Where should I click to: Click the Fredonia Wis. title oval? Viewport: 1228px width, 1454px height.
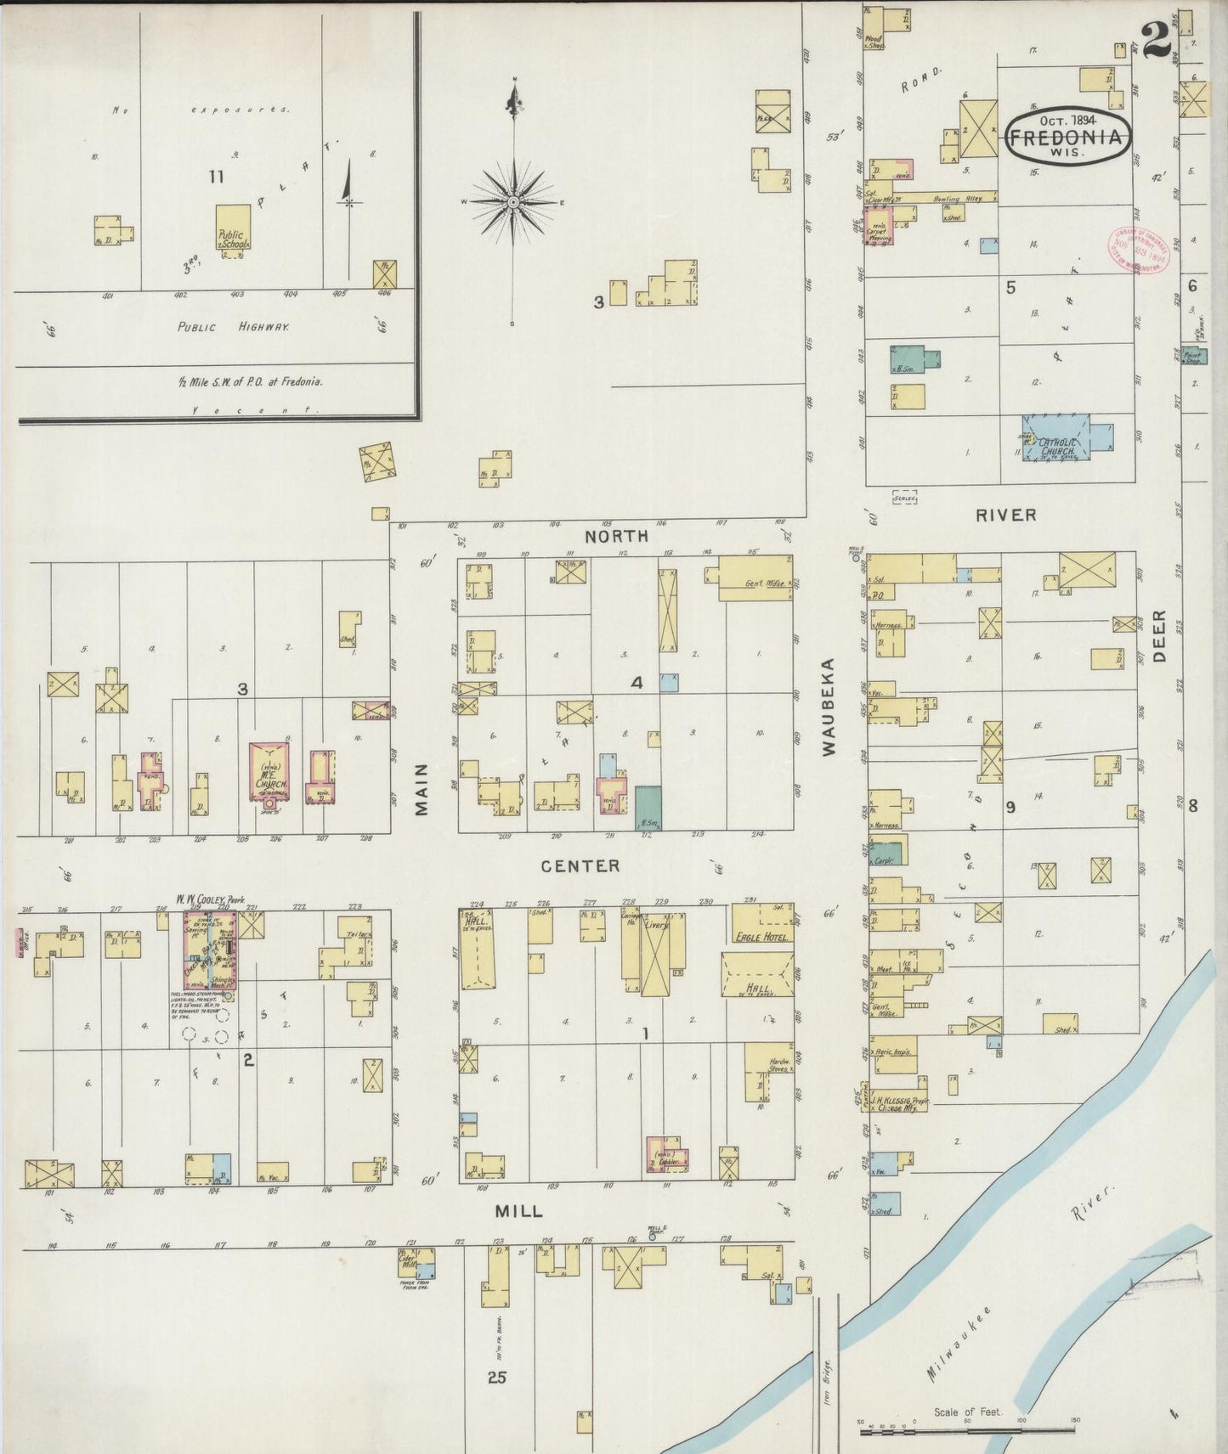[1069, 136]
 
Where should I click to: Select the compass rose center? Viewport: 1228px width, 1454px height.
[513, 202]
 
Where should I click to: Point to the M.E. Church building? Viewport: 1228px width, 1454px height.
[269, 772]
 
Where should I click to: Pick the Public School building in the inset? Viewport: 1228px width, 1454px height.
[232, 230]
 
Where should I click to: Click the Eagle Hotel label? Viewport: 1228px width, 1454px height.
[760, 937]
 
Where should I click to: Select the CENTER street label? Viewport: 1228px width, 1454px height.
[581, 865]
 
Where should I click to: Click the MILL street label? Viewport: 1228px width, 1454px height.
[518, 1211]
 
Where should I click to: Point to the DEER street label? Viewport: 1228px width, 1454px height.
[1161, 636]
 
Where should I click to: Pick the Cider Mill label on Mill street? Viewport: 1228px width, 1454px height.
[415, 1260]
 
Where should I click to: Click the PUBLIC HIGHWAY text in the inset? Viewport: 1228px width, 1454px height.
[233, 326]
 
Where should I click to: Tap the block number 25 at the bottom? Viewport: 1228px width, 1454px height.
[497, 1377]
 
